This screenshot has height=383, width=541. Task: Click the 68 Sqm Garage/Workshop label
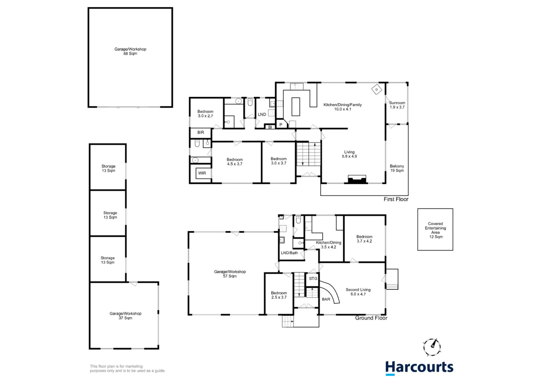(130, 51)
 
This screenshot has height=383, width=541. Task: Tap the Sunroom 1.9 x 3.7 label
(397, 105)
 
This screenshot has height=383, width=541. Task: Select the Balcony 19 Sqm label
(397, 168)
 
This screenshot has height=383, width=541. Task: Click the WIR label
(202, 173)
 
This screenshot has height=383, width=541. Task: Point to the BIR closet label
(201, 132)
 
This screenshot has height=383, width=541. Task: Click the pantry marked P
(281, 125)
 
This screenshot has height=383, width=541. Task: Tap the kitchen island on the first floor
(296, 107)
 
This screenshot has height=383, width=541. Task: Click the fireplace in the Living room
(357, 179)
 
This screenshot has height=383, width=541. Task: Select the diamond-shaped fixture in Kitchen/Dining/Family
(376, 89)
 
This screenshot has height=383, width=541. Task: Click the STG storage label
(313, 279)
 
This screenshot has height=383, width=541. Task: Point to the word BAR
(326, 299)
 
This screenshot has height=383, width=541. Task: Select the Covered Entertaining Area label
(436, 230)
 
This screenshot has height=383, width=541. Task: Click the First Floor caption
(396, 199)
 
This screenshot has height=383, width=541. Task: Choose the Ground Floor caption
(371, 318)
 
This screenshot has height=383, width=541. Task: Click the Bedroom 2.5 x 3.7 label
(279, 295)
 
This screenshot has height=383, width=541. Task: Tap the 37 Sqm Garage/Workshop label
(125, 316)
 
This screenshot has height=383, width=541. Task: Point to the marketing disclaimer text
(128, 368)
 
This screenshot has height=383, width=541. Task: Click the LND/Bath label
(289, 253)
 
